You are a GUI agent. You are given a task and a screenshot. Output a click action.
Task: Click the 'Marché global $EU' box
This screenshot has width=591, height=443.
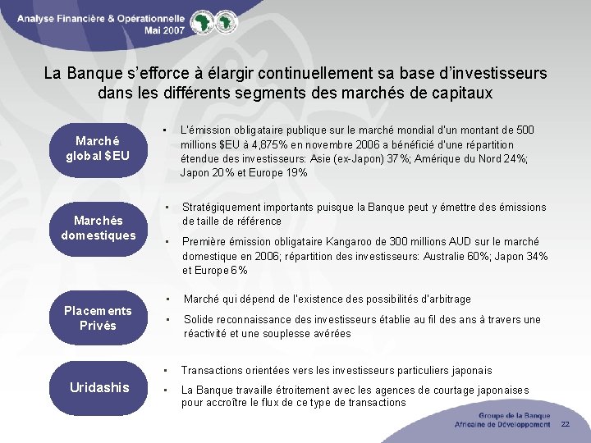[98, 147]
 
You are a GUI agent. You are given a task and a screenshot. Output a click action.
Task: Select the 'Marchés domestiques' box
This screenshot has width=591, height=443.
[98, 228]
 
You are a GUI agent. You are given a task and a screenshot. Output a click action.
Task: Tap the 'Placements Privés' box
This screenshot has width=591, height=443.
[98, 318]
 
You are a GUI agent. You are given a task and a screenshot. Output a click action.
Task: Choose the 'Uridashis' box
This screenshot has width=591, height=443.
[99, 386]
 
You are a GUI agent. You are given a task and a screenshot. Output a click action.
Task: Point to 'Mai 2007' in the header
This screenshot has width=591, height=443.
[165, 28]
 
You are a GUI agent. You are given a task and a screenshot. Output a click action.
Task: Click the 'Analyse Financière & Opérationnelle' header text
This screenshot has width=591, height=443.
[100, 16]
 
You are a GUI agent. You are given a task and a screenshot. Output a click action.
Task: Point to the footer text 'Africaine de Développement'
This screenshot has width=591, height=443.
[502, 424]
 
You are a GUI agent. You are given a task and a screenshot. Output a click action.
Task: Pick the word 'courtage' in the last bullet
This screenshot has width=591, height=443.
[438, 390]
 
